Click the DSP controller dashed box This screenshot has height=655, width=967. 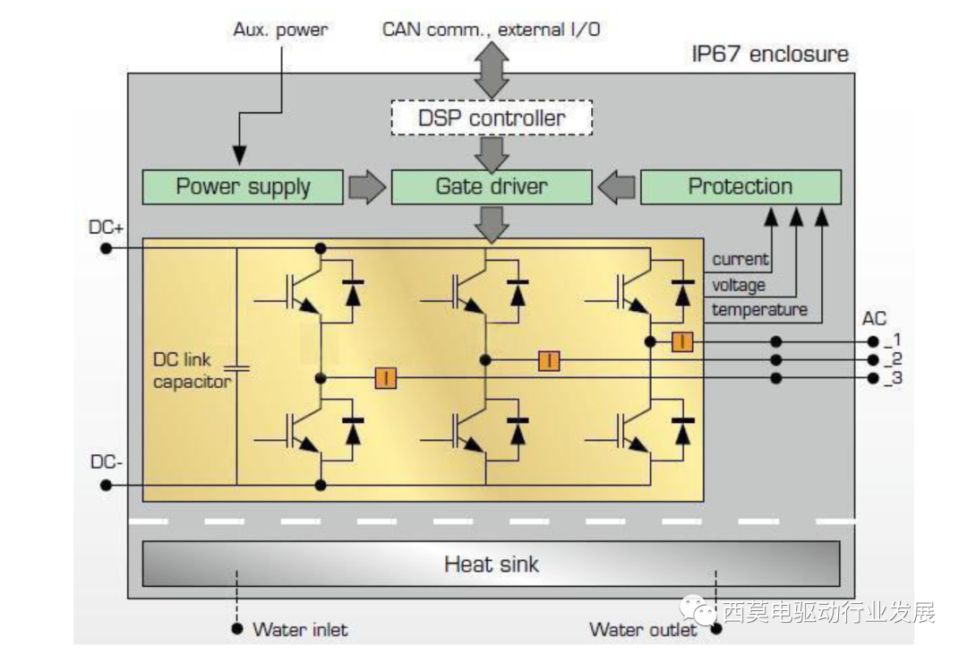tap(492, 118)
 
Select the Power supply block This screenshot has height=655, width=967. tap(243, 187)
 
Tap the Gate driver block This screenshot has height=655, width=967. tap(492, 187)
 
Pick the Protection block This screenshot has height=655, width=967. tap(740, 187)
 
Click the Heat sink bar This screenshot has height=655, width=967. tap(491, 565)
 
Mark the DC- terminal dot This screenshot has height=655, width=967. tap(106, 485)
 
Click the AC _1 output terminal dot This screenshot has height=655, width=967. tap(874, 341)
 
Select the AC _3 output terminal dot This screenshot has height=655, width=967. tap(874, 378)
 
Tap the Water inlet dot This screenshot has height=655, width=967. tap(237, 629)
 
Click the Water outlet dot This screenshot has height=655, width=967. tap(716, 629)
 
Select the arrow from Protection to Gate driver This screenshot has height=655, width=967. tap(617, 187)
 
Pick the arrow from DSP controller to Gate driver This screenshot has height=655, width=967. tap(492, 151)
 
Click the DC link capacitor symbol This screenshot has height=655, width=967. tap(237, 367)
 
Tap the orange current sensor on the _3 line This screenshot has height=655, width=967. tap(386, 378)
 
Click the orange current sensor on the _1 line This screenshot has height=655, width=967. tap(682, 341)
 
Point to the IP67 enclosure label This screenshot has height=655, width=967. tap(769, 54)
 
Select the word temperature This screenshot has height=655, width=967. tap(759, 310)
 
